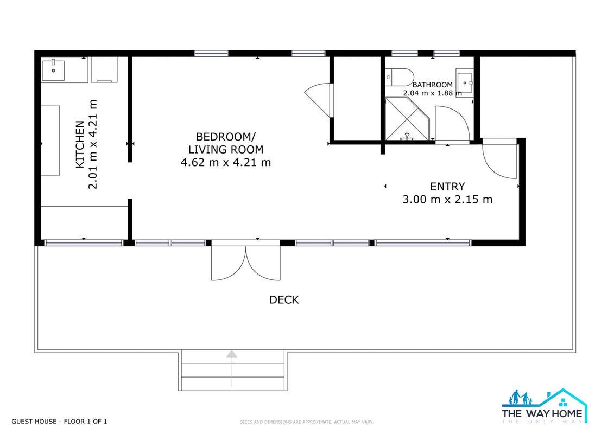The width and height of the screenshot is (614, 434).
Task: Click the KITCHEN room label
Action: [x=80, y=144]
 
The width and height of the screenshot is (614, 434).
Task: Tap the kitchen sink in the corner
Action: [x=53, y=70]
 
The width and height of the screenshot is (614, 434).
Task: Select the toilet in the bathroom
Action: [x=398, y=78]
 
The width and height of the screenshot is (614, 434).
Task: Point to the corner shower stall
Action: [x=408, y=119]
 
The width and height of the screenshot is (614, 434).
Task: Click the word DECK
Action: [x=284, y=300]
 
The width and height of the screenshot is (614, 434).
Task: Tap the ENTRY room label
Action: [x=447, y=186]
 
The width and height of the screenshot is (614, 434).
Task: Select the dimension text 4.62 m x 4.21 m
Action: [x=225, y=162]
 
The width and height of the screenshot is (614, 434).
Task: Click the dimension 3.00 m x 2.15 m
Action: [x=447, y=199]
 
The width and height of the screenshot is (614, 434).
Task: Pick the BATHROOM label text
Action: [x=432, y=85]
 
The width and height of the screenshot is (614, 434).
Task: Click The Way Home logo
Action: [x=545, y=406]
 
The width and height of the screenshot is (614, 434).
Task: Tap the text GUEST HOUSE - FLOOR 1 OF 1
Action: [x=59, y=422]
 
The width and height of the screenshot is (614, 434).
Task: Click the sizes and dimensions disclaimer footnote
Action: [x=307, y=422]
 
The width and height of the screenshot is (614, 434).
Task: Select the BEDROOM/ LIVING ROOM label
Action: [x=225, y=143]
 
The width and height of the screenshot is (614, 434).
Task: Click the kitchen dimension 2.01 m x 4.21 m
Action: [x=92, y=144]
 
